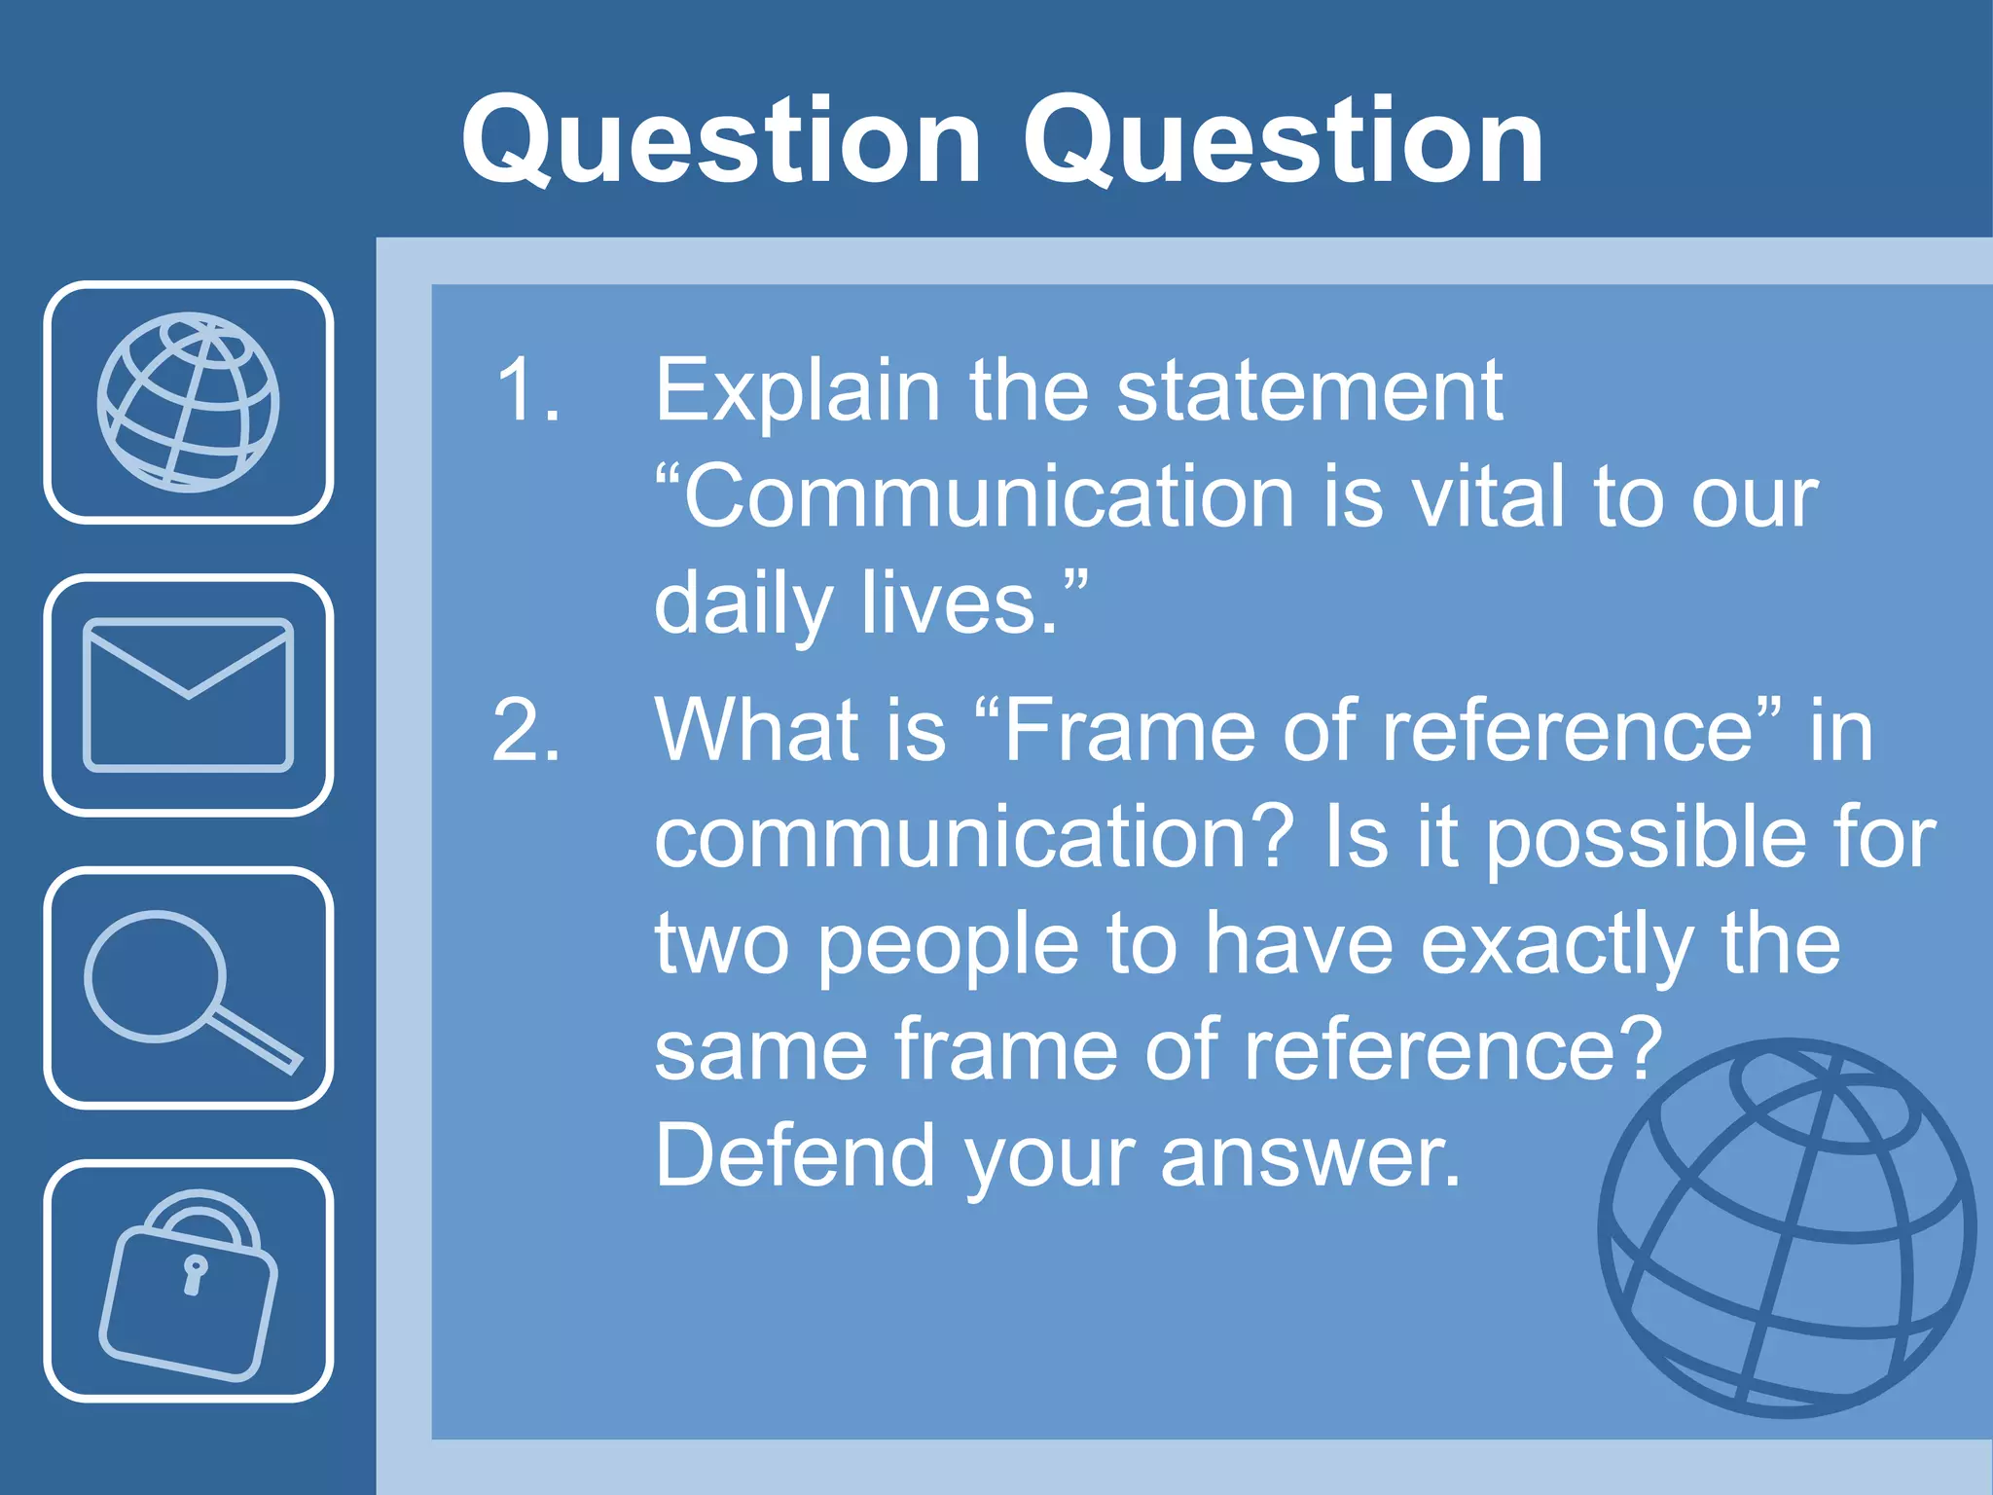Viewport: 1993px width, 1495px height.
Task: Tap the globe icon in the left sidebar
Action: click(x=188, y=402)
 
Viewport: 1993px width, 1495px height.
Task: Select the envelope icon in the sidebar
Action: click(x=188, y=695)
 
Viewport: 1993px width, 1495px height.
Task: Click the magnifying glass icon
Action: click(x=188, y=988)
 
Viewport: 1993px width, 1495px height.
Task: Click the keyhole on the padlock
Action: click(x=195, y=1272)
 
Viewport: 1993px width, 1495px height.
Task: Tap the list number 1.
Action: click(x=526, y=389)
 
